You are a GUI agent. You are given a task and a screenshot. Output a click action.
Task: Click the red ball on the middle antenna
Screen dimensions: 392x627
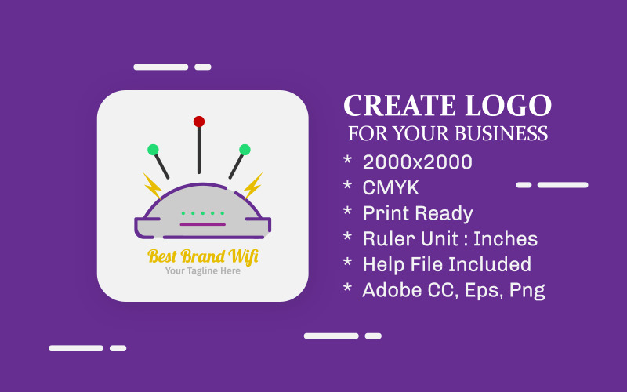click(199, 122)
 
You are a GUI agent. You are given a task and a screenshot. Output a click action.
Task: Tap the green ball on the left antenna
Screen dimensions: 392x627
click(153, 150)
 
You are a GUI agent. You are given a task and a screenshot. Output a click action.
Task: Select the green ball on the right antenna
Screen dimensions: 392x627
click(245, 150)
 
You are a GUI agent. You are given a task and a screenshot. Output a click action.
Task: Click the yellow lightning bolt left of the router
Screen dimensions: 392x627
click(152, 186)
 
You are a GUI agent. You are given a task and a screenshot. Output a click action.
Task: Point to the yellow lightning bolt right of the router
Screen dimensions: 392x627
click(252, 186)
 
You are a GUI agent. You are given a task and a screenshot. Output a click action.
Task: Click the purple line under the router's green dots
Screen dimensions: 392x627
click(203, 224)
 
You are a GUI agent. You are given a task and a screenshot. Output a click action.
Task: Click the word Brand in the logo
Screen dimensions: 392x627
click(203, 256)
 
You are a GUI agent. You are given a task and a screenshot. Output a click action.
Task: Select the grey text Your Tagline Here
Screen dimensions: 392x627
click(202, 271)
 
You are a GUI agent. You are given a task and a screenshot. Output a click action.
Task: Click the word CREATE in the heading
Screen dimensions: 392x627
click(399, 106)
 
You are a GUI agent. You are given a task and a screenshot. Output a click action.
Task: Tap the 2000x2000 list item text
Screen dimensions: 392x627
click(417, 162)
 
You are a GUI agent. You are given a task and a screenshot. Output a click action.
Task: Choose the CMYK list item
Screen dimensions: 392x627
click(390, 188)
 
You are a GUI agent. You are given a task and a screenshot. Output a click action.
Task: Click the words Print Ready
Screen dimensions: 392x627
click(418, 213)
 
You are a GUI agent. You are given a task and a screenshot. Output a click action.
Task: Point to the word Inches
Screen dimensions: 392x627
click(506, 239)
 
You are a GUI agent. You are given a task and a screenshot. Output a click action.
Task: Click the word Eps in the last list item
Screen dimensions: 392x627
click(480, 290)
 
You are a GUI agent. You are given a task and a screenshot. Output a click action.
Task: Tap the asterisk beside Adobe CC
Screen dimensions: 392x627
click(347, 289)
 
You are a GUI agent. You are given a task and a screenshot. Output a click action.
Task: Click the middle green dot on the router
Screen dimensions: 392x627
click(203, 212)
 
